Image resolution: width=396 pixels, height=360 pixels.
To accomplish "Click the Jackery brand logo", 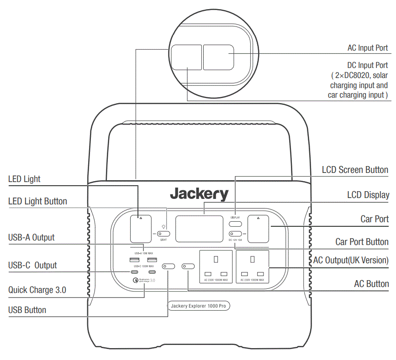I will point(199,194).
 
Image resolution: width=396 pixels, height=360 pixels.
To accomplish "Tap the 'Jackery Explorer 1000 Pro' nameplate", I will point(198,306).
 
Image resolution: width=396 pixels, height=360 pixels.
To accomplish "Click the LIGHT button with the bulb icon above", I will point(163,234).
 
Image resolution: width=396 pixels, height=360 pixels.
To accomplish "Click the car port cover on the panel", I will point(259,229).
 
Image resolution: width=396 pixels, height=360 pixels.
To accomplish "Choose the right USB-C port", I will point(152,272).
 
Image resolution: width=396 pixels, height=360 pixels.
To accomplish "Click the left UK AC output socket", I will point(217,267).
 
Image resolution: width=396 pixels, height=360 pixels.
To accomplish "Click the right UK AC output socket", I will point(253,267).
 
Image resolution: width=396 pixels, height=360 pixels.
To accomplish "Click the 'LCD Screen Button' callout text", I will point(355,170).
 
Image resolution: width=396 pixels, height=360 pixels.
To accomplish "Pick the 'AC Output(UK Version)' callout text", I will point(351,261).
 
